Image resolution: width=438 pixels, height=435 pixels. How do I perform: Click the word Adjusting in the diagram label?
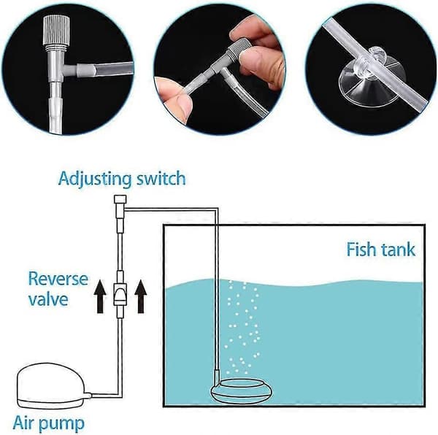95,180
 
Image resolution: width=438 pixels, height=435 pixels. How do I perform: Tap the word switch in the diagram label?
161,178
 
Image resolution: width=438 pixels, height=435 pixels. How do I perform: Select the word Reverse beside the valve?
58,279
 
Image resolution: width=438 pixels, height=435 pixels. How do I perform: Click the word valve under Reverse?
48,299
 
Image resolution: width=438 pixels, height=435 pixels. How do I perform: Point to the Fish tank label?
381,250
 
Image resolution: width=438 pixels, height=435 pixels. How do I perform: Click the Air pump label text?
49,423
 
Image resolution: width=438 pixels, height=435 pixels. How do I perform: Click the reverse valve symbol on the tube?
120,294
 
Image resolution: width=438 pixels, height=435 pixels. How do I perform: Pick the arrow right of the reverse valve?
140,297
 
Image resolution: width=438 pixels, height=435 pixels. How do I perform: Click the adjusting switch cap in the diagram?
120,199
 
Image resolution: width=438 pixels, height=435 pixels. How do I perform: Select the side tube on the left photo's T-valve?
104,70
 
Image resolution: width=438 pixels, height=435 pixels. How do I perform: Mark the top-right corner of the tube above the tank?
218,208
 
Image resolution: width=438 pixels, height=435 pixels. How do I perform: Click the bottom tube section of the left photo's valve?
55,112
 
